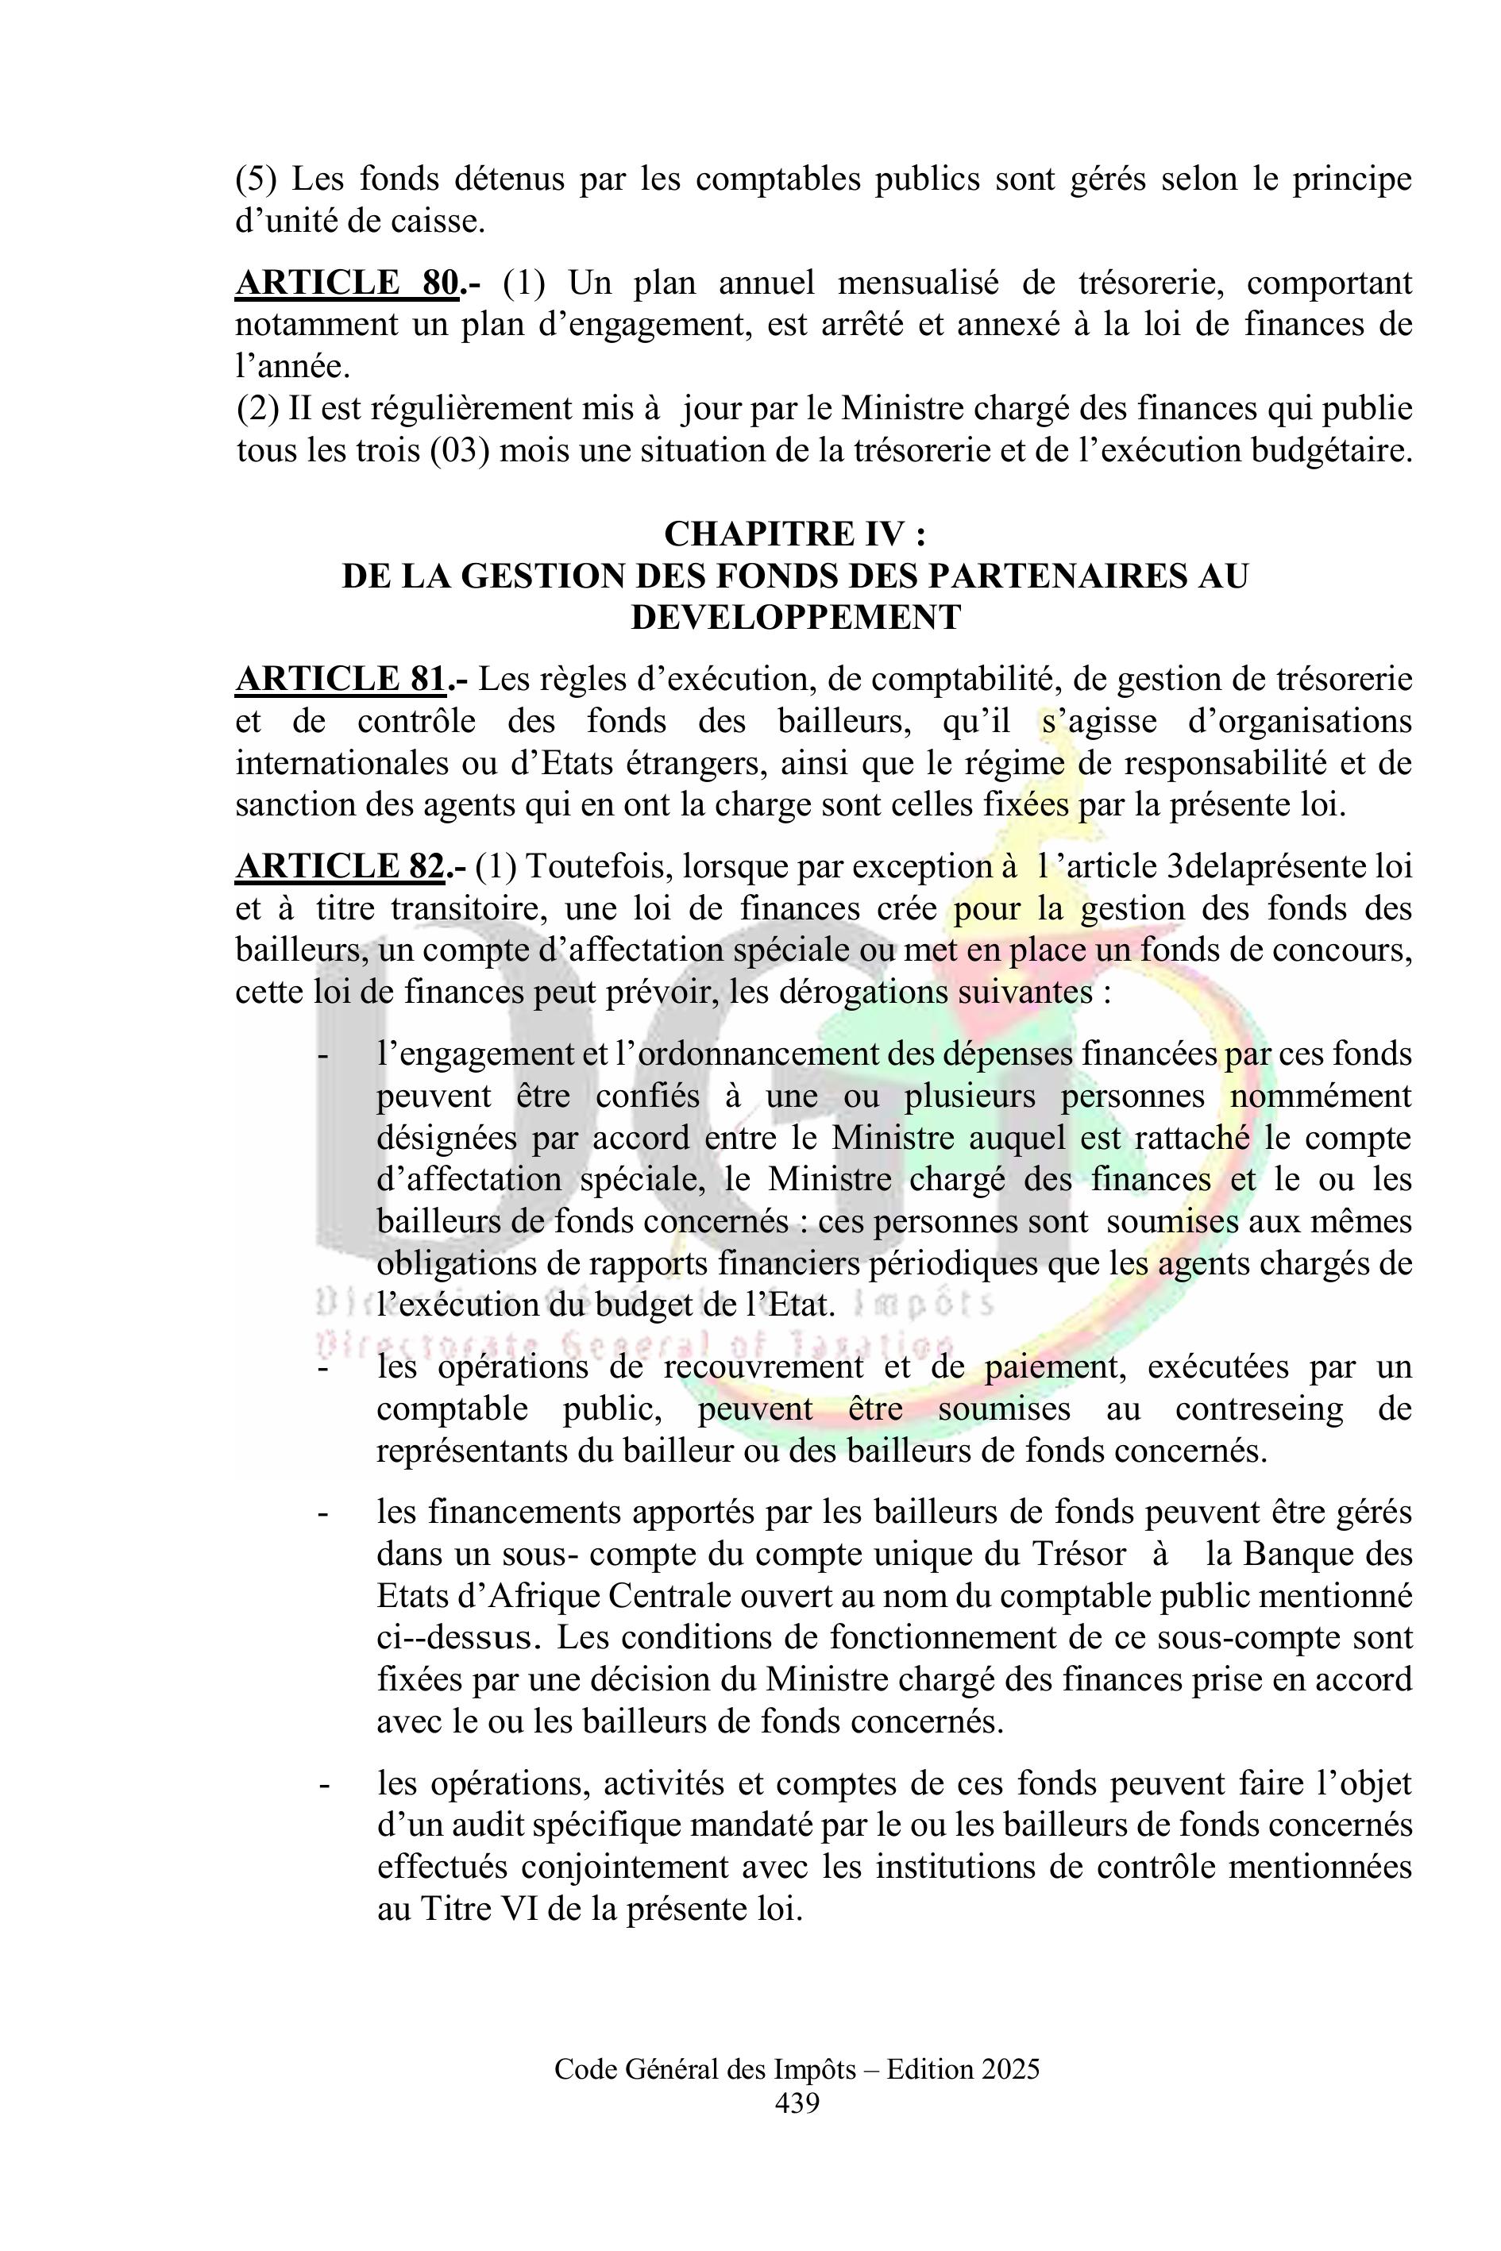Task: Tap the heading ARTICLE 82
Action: click(x=340, y=866)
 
